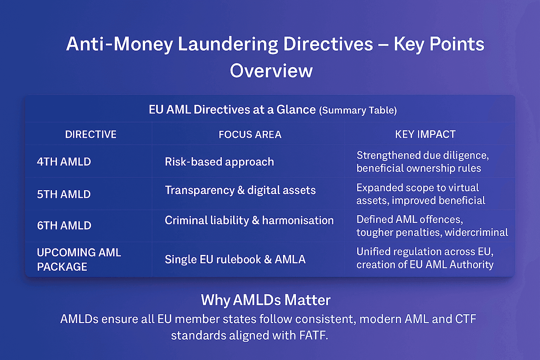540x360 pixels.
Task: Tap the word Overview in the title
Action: pos(271,71)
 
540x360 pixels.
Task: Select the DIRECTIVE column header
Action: pos(91,134)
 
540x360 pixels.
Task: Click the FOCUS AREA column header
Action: pos(250,134)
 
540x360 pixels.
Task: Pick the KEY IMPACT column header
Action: pos(425,134)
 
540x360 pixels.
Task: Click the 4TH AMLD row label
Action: pos(64,162)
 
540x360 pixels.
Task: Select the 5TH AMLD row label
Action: pos(64,194)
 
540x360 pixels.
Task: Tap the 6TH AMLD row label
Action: pos(64,225)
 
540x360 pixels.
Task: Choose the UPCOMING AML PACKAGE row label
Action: pos(79,259)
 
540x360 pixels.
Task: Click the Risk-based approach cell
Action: pos(219,162)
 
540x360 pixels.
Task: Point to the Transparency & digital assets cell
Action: pos(240,190)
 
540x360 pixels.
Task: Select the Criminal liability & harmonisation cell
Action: pos(249,220)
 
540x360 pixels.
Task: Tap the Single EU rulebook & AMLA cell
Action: pos(235,259)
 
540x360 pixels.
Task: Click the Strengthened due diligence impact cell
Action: pos(422,162)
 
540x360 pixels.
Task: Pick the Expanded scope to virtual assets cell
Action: pos(420,194)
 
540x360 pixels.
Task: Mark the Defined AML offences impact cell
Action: pos(432,226)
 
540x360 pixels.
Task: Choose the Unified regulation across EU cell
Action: pos(425,258)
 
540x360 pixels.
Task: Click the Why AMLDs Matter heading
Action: pos(266,300)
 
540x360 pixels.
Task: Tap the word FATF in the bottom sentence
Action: pos(313,335)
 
